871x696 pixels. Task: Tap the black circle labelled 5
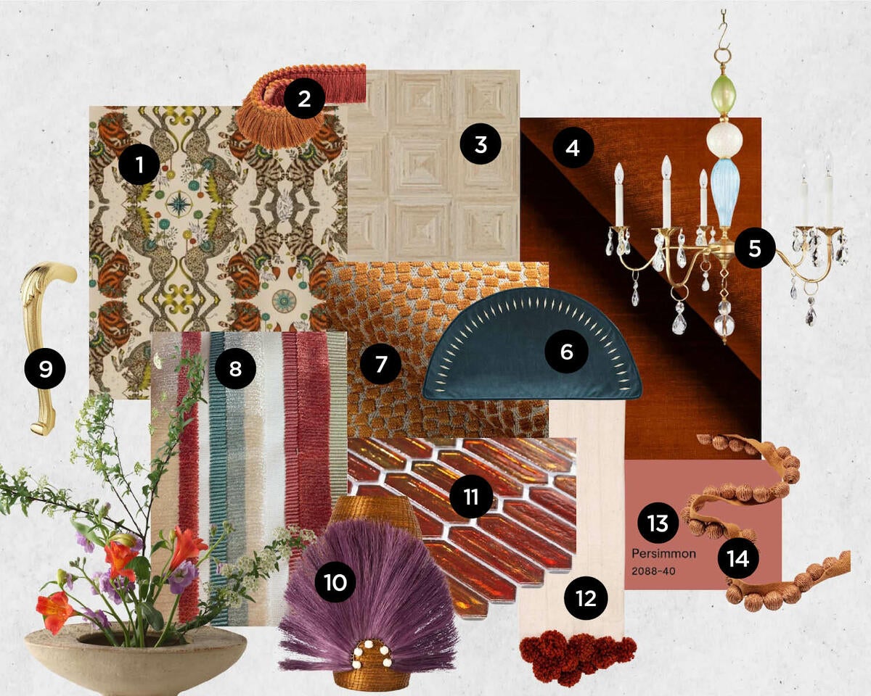(755, 248)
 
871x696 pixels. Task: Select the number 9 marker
(46, 370)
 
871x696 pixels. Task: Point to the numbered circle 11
(470, 497)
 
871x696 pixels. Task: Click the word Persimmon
(663, 553)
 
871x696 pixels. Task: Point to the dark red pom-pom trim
(577, 656)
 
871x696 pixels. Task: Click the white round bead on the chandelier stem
(721, 139)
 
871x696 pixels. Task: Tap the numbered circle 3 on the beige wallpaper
(480, 145)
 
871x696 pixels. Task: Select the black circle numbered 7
(381, 364)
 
